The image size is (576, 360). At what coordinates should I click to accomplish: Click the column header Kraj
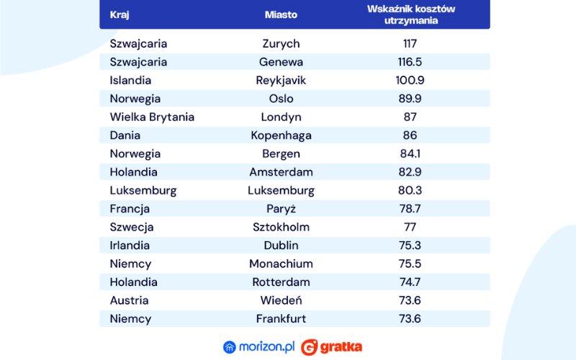click(120, 14)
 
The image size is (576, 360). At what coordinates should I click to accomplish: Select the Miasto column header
click(281, 14)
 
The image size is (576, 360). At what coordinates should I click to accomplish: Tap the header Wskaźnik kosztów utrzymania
click(410, 14)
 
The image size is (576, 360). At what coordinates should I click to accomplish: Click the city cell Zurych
click(281, 44)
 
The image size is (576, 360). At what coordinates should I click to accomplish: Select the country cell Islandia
click(130, 80)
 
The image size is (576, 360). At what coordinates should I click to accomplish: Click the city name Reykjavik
click(281, 80)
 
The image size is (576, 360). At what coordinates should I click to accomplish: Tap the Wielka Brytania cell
click(152, 117)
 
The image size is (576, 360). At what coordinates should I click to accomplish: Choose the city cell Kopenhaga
click(281, 135)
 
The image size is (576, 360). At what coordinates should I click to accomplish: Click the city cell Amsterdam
click(281, 172)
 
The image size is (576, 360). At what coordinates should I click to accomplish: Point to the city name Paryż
click(281, 209)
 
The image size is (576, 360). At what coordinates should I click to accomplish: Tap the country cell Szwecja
click(132, 227)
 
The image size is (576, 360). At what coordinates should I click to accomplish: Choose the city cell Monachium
click(281, 264)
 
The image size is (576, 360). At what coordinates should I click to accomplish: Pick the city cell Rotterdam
click(281, 282)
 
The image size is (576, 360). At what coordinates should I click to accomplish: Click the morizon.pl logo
click(258, 347)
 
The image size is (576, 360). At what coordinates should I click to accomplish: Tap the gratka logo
click(332, 347)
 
